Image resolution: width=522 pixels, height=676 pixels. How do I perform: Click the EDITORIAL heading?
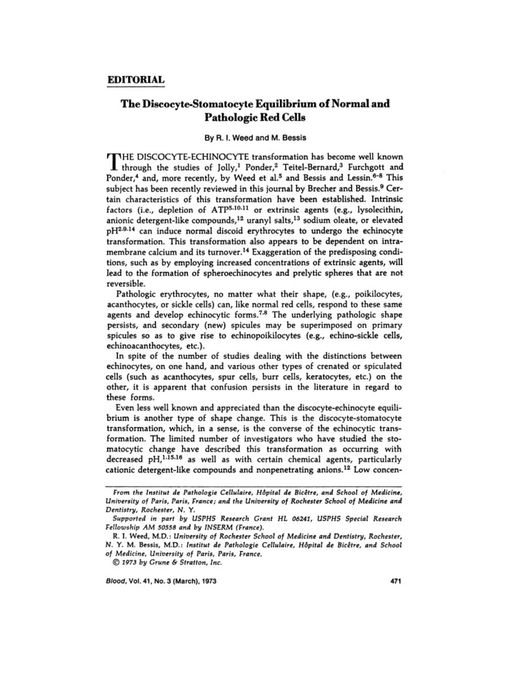point(135,79)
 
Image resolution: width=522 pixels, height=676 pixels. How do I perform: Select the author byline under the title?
point(261,137)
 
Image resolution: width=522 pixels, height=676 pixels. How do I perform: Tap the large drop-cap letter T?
point(112,162)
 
